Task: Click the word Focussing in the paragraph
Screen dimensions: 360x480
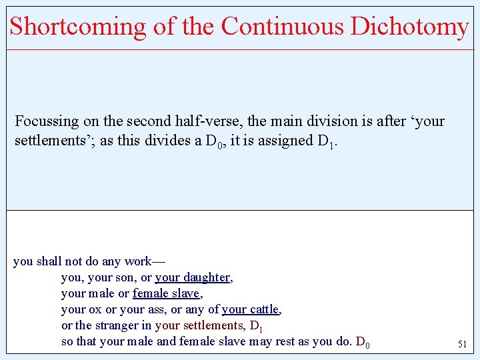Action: (46, 121)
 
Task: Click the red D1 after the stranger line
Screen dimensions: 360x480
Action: (257, 326)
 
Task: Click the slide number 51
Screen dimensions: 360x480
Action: (462, 344)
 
